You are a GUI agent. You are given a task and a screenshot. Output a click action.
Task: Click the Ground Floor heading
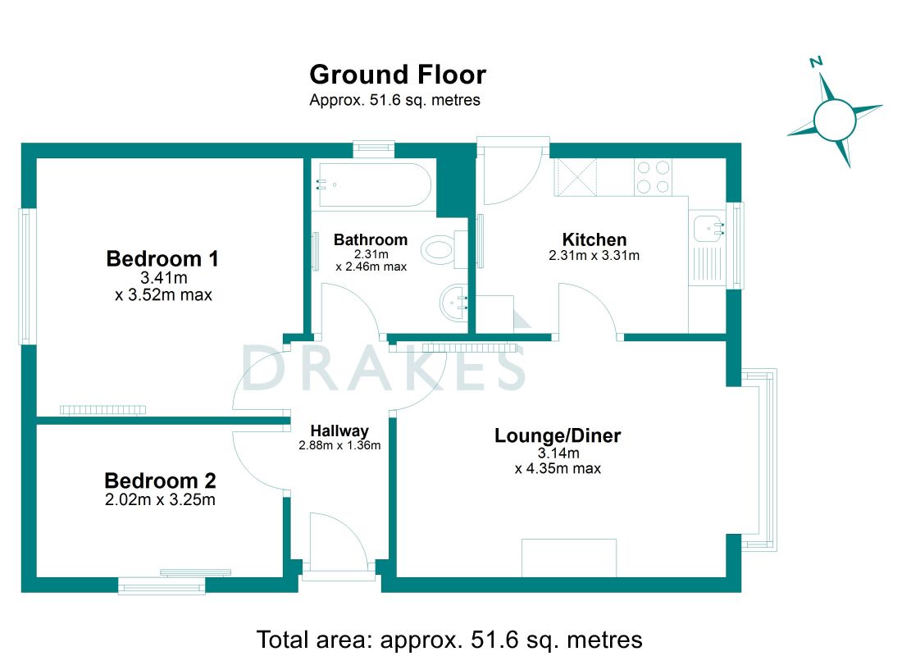tap(398, 75)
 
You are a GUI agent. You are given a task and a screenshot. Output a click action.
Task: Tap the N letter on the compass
tap(816, 62)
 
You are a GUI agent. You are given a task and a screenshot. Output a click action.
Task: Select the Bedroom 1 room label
tap(162, 258)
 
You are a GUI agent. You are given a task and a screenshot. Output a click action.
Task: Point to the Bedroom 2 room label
tap(160, 480)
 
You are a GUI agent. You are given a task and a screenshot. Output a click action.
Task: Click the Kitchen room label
tap(594, 239)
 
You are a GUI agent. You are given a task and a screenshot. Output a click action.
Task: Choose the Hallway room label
tap(339, 431)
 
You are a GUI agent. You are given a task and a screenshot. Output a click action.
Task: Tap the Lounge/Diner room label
tap(558, 435)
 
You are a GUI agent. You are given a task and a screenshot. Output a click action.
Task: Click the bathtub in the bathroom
tap(373, 184)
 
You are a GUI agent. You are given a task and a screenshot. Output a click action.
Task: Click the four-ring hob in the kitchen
tap(653, 177)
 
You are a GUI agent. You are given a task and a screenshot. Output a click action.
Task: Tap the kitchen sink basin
tap(707, 229)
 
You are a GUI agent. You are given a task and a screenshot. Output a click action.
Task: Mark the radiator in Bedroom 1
tap(103, 410)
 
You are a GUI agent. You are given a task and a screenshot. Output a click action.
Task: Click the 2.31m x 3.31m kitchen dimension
tap(594, 256)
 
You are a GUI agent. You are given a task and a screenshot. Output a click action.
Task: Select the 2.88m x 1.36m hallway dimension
tap(339, 444)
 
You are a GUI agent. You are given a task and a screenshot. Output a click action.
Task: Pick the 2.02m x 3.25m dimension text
tap(160, 499)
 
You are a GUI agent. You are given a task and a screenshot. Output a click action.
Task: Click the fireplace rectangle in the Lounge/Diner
tap(569, 558)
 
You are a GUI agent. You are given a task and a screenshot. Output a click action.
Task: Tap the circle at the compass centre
tap(835, 121)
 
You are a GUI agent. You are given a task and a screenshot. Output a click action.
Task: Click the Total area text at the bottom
tap(449, 640)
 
